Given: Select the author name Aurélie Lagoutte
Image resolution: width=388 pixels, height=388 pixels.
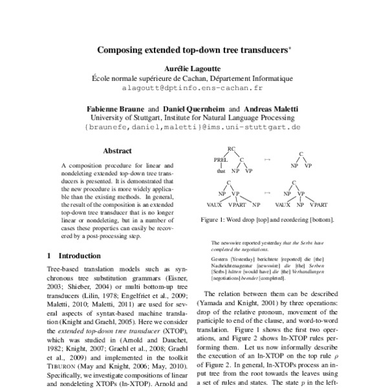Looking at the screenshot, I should [193, 68].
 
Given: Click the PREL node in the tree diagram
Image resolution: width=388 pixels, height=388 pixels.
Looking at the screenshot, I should [221, 163].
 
